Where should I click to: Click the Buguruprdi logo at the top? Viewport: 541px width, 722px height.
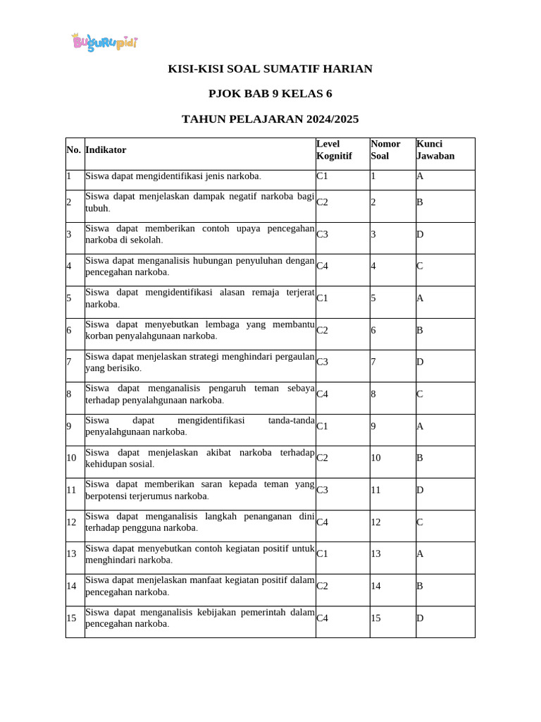pyautogui.click(x=104, y=42)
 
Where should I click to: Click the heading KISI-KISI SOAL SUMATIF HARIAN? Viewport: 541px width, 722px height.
pyautogui.click(x=270, y=68)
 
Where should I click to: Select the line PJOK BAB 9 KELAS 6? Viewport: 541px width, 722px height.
pyautogui.click(x=270, y=94)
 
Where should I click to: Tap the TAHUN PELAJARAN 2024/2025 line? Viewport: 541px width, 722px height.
pyautogui.click(x=270, y=119)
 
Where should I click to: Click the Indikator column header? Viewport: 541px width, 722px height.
pyautogui.click(x=106, y=149)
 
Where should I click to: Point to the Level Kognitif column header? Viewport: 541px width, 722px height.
pyautogui.click(x=334, y=149)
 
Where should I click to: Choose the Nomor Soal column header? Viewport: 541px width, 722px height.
pyautogui.click(x=385, y=149)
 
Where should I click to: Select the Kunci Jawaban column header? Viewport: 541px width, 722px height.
pyautogui.click(x=435, y=149)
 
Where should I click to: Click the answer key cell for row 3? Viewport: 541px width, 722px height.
pyautogui.click(x=420, y=234)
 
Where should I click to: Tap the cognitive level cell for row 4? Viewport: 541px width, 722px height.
pyautogui.click(x=323, y=266)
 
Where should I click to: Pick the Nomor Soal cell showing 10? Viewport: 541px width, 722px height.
pyautogui.click(x=375, y=458)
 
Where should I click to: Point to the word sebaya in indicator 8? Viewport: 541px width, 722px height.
pyautogui.click(x=300, y=388)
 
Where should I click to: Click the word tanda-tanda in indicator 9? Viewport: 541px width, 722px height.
pyautogui.click(x=291, y=420)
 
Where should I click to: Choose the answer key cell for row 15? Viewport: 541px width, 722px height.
pyautogui.click(x=420, y=618)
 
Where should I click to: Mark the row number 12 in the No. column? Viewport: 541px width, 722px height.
pyautogui.click(x=71, y=522)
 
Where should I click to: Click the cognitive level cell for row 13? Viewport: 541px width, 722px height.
pyautogui.click(x=323, y=553)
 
